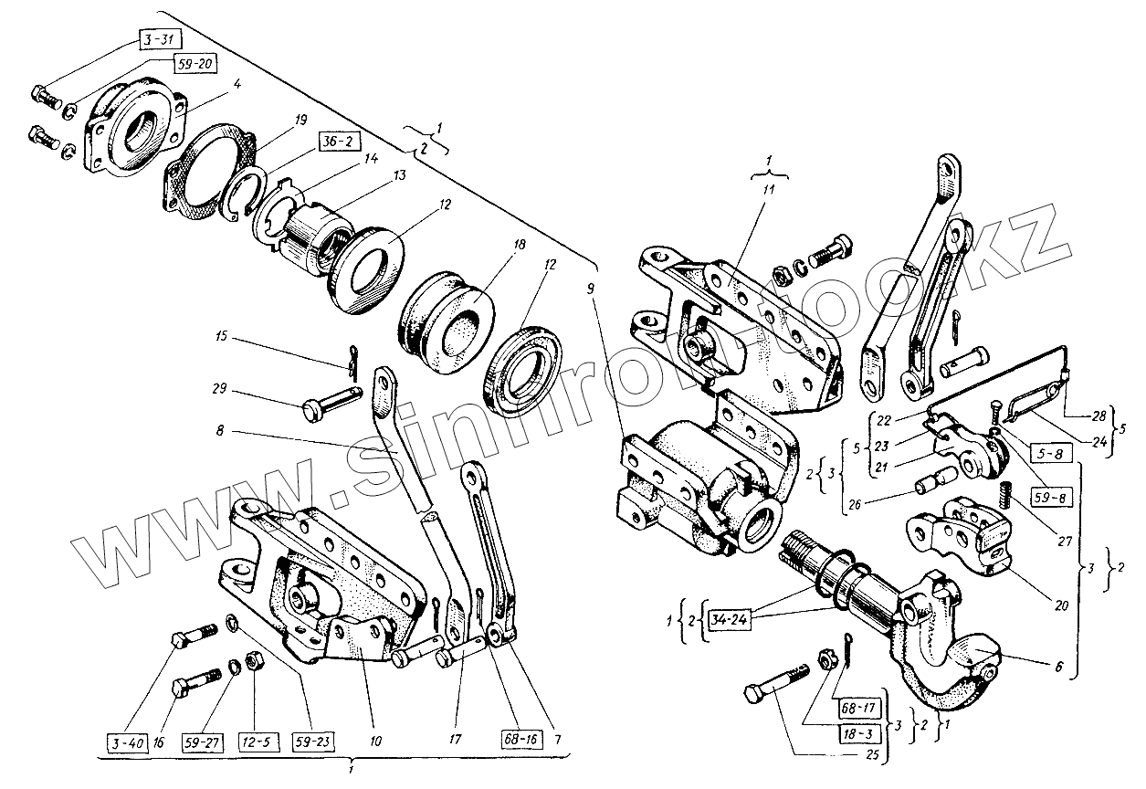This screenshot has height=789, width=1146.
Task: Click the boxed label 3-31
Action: coord(160,39)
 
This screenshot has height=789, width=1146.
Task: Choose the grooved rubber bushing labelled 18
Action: coord(447,315)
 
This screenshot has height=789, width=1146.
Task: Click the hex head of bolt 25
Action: coord(760,697)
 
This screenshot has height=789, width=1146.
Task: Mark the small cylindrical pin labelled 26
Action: coord(939,479)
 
